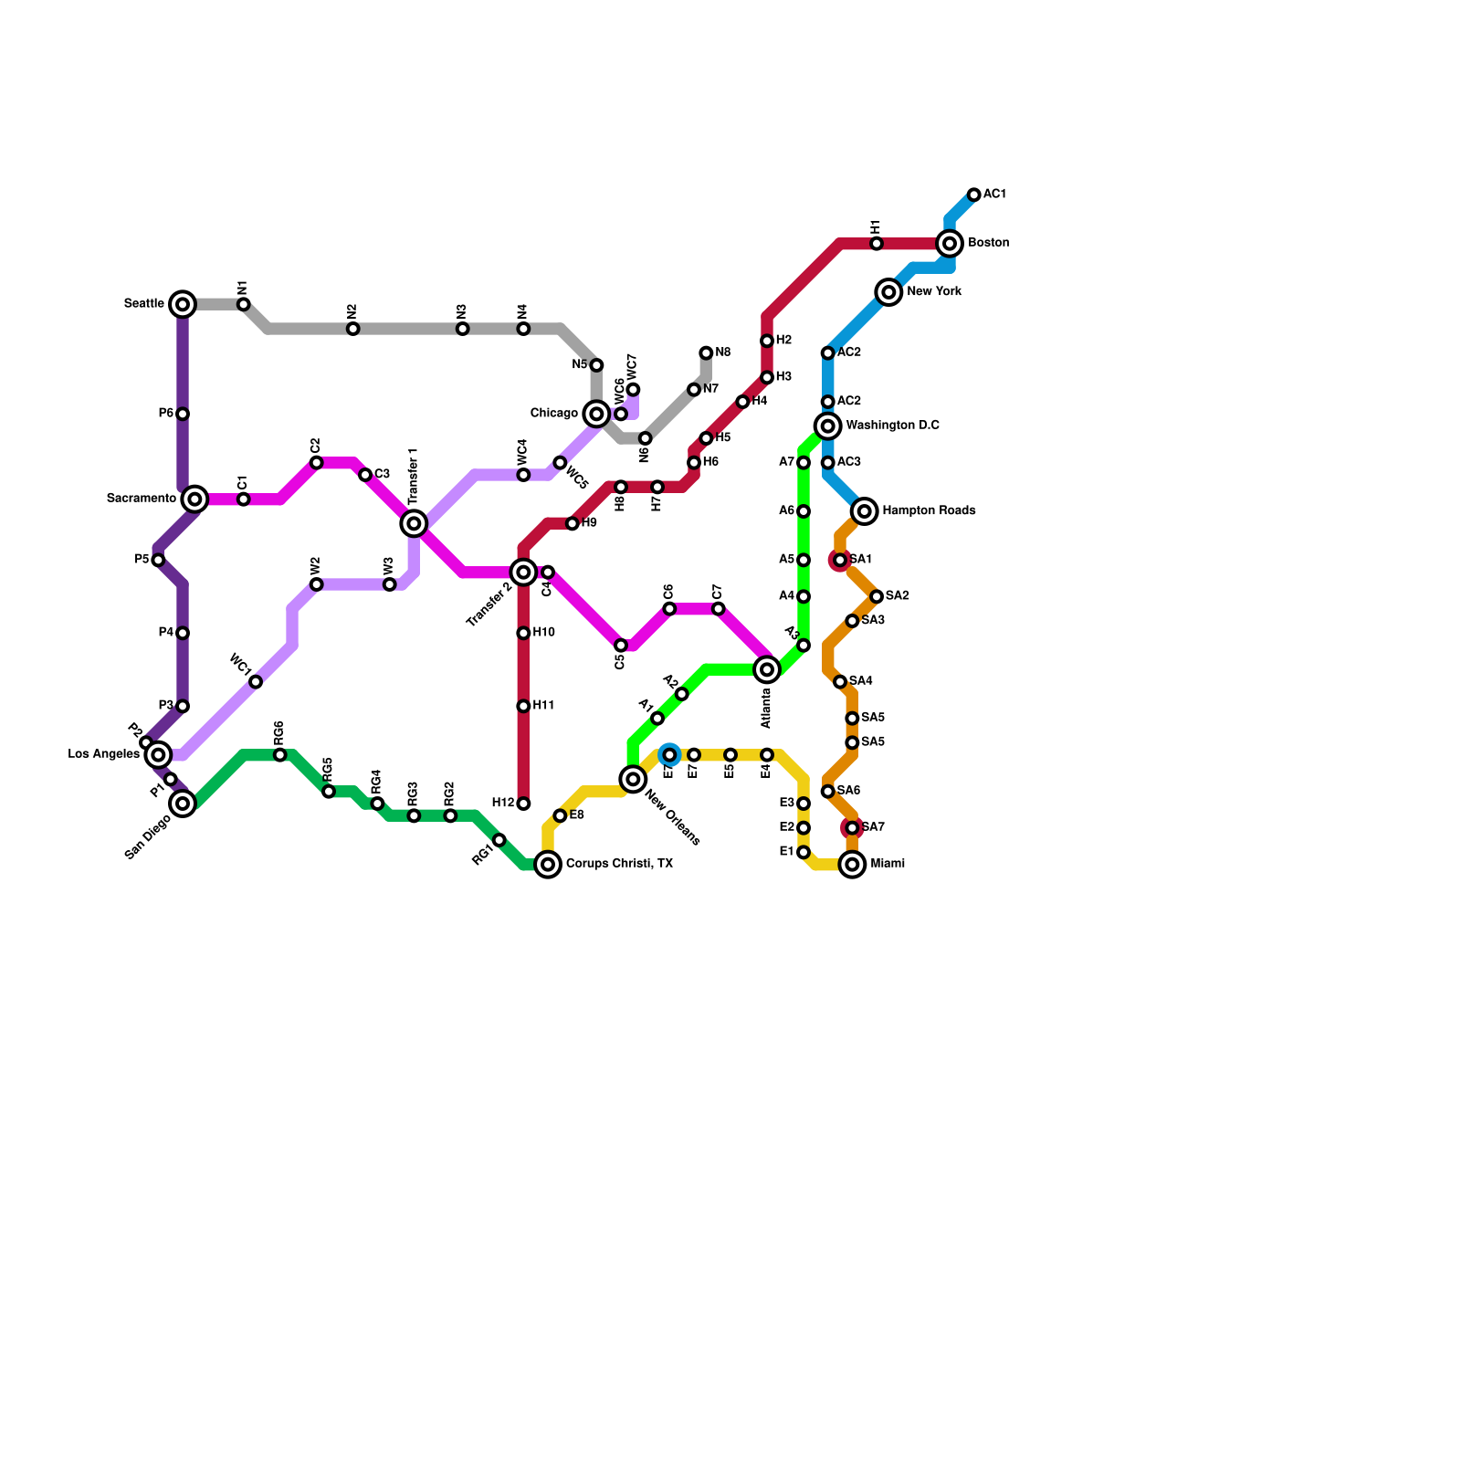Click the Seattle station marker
point(183,304)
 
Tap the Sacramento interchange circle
point(194,499)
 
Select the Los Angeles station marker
point(158,754)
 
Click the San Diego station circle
point(183,804)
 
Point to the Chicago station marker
point(596,414)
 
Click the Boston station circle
point(950,243)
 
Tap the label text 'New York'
point(934,292)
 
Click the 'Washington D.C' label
point(892,426)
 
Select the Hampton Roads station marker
point(865,511)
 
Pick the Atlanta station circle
point(767,669)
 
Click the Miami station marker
point(852,864)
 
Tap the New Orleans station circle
point(633,779)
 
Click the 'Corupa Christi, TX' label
point(619,864)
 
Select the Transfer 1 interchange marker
point(414,523)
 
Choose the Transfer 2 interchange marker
point(523,572)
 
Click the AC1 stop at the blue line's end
point(974,194)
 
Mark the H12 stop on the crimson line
point(523,804)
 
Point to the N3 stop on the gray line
point(463,329)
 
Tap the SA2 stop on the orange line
point(877,596)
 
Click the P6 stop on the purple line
point(183,414)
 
